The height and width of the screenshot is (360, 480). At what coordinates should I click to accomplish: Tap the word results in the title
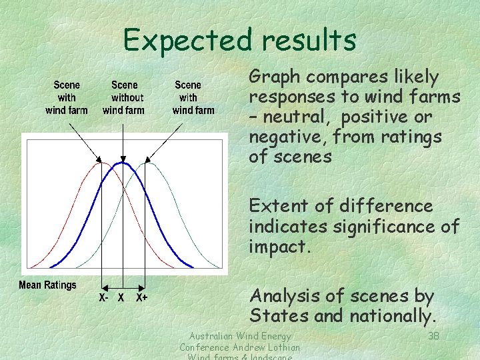(x=309, y=40)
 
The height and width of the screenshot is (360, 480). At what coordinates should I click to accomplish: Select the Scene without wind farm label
(x=124, y=97)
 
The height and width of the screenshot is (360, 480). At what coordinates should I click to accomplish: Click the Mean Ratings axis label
(x=48, y=285)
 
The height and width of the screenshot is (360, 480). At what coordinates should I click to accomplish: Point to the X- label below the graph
(x=104, y=298)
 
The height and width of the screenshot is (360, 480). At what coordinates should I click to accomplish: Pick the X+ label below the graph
(x=142, y=298)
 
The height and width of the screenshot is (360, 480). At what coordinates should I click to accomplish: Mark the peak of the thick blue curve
(x=121, y=163)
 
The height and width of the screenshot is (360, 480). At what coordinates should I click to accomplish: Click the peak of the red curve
(x=98, y=163)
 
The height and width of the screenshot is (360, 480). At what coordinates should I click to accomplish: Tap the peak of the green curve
(x=149, y=163)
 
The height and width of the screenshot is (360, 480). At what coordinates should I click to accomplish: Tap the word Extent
(x=277, y=206)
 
